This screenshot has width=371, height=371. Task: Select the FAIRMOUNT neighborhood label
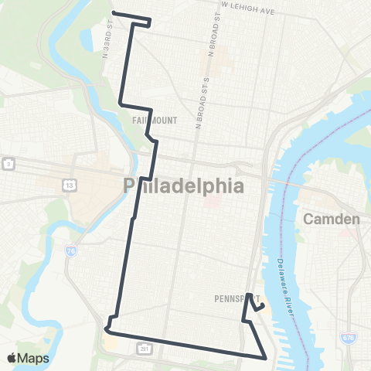point(155,121)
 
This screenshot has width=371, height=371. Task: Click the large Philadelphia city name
point(184,185)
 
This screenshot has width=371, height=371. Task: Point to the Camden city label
point(332,219)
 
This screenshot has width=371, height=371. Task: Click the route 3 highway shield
point(8,164)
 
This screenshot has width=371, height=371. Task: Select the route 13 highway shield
point(70,185)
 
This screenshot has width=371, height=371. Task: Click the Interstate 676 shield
point(347,339)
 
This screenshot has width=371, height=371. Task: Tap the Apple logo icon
point(13,357)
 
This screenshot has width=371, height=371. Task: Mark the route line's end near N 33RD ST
point(114,12)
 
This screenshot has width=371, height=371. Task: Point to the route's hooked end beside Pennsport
point(263,305)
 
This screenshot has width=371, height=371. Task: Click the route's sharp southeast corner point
point(266,358)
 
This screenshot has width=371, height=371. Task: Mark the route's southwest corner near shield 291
point(105,330)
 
